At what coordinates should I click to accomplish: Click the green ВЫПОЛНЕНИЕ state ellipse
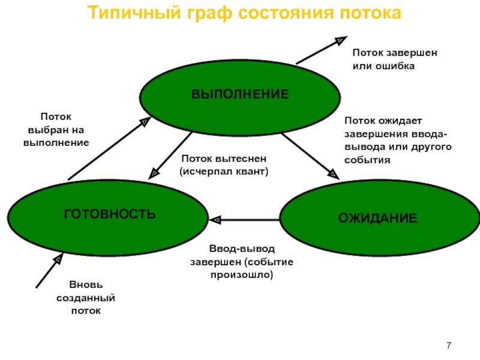[x=240, y=94]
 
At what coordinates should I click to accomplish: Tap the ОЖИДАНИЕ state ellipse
[x=377, y=218]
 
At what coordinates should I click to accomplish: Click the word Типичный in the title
[x=127, y=13]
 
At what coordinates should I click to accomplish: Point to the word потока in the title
[x=363, y=13]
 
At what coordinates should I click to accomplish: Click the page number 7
[x=448, y=344]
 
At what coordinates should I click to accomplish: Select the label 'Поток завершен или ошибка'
[x=394, y=59]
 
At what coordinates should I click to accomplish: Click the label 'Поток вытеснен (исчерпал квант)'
[x=223, y=165]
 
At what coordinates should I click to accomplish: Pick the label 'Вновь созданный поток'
[x=86, y=298]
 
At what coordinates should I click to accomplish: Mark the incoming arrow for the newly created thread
[x=49, y=270]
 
